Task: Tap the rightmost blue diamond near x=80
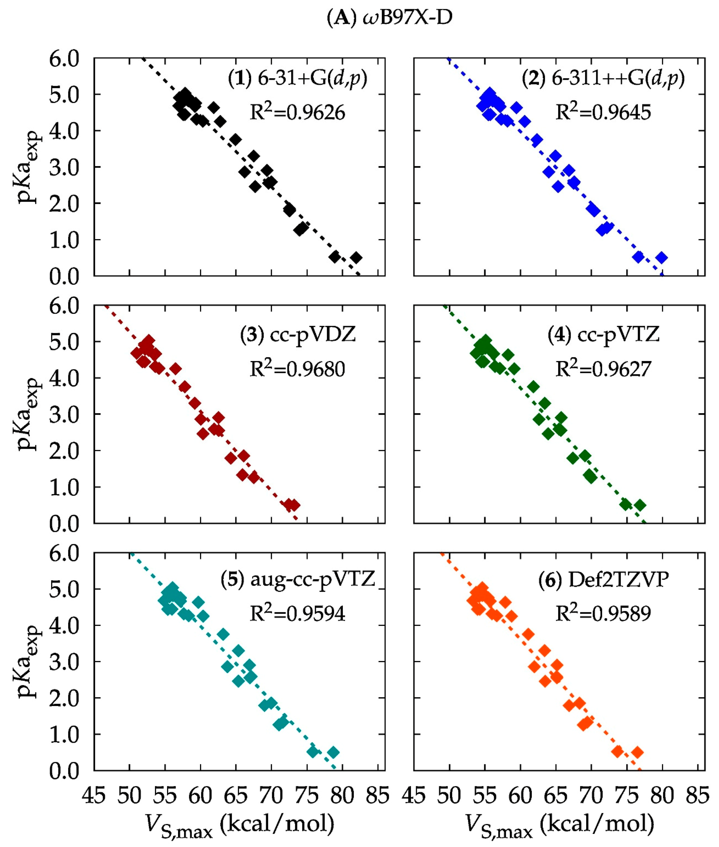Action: click(x=662, y=257)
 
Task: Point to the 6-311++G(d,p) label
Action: click(x=603, y=78)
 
